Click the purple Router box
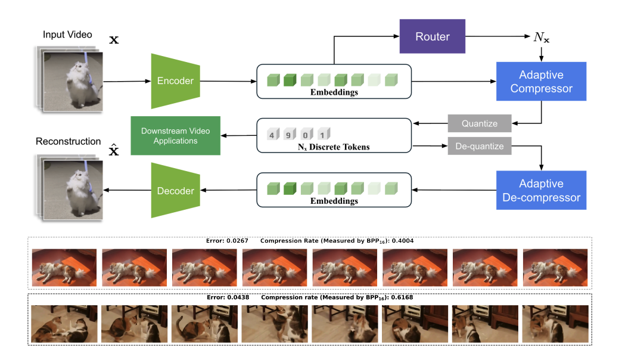coord(432,36)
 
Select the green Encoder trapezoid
coord(175,81)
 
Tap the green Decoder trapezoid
coord(175,191)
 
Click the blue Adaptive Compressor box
coord(542,82)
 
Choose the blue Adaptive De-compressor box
coord(542,190)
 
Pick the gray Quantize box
coord(480,123)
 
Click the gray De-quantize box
coord(480,146)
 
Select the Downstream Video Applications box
coord(175,136)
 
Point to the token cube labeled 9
coord(288,134)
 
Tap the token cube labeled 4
coord(272,134)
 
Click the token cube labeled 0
coord(305,134)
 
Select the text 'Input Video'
coord(67,35)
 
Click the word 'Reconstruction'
coord(68,141)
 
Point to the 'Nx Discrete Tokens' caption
coord(334,147)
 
